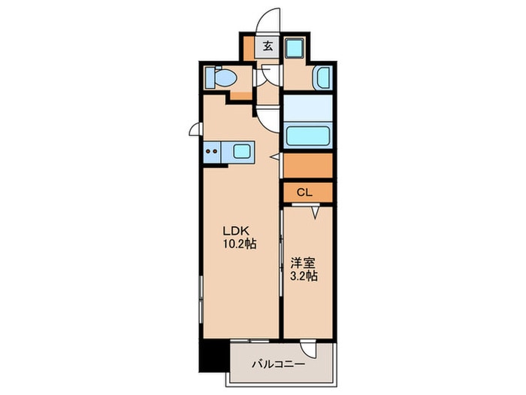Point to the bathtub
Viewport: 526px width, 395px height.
[309, 137]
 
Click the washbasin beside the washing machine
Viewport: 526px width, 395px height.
[322, 77]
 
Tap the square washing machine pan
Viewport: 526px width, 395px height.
[294, 46]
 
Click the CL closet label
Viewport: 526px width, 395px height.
[304, 193]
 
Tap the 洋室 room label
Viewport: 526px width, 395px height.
[302, 264]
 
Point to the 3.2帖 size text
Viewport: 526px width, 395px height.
[303, 277]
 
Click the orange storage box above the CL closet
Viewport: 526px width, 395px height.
[308, 164]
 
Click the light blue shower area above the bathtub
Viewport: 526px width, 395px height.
[308, 108]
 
